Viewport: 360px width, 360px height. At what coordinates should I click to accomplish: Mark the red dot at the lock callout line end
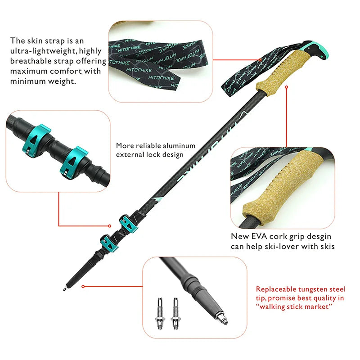coord(109,226)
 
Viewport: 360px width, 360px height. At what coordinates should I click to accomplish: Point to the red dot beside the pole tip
coord(84,285)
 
